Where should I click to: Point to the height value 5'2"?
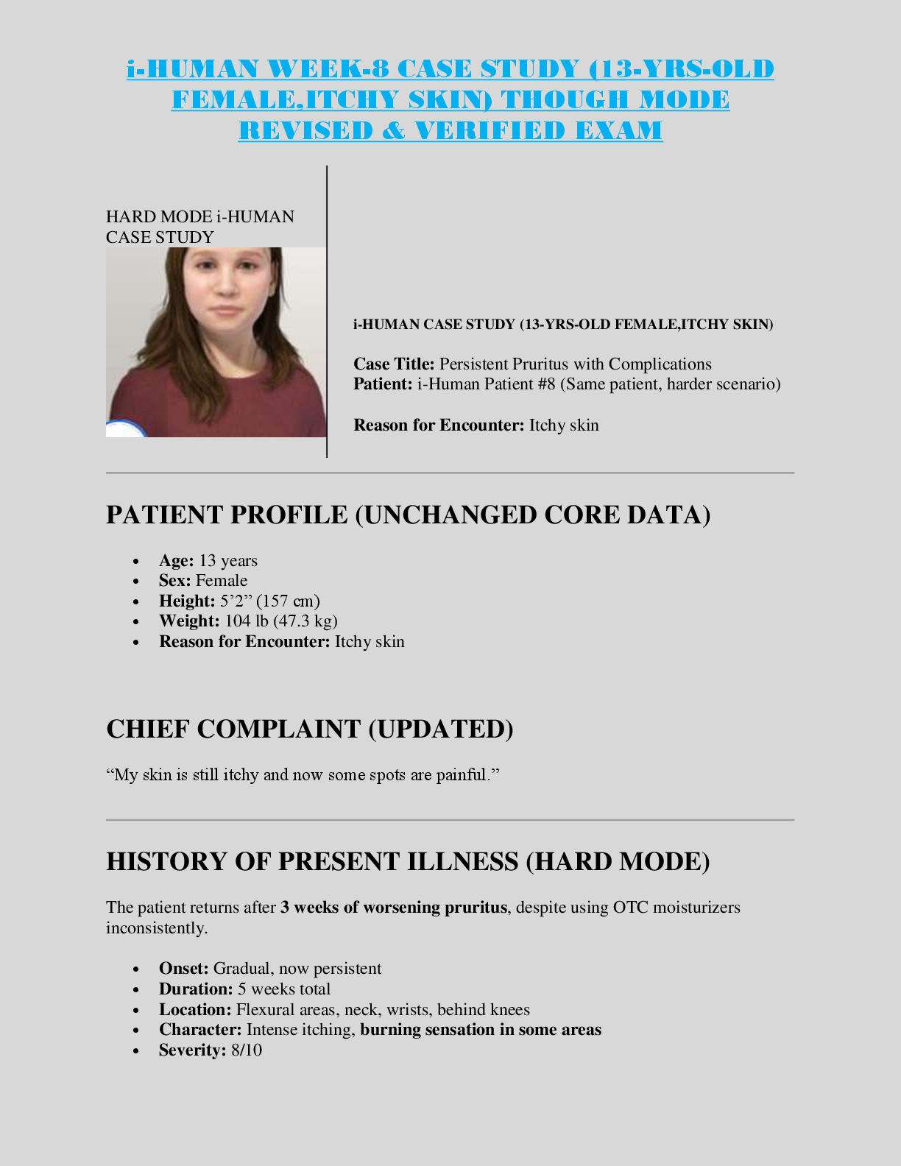[236, 601]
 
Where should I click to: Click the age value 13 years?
[228, 561]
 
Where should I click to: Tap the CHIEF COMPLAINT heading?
[310, 729]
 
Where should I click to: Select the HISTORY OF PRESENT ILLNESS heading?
[408, 861]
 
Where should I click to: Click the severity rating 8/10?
[247, 1050]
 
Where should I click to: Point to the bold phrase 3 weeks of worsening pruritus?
[394, 907]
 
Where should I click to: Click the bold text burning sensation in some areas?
[481, 1029]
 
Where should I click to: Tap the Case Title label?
[394, 364]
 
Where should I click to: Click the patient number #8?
[546, 384]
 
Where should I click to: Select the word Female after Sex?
[222, 581]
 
